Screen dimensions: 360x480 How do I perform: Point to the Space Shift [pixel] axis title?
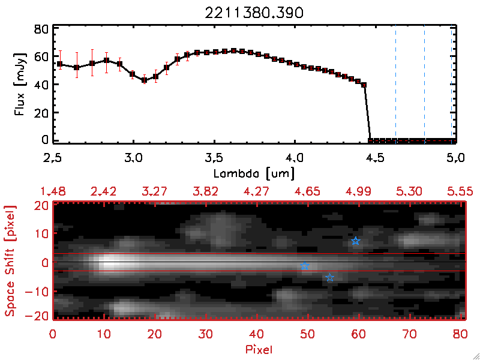click(10, 261)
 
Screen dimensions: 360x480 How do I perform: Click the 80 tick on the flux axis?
click(41, 28)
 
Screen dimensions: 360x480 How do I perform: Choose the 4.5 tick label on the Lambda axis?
click(374, 158)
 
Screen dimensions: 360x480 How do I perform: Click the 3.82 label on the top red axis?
click(206, 191)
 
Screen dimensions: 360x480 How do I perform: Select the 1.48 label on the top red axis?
click(53, 191)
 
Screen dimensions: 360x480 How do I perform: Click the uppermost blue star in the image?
click(356, 241)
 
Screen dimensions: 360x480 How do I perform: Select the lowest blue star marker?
click(330, 278)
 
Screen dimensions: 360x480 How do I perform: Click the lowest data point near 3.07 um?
click(144, 80)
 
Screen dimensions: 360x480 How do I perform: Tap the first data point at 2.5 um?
click(59, 64)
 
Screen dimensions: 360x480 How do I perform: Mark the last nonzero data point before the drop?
click(364, 85)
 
